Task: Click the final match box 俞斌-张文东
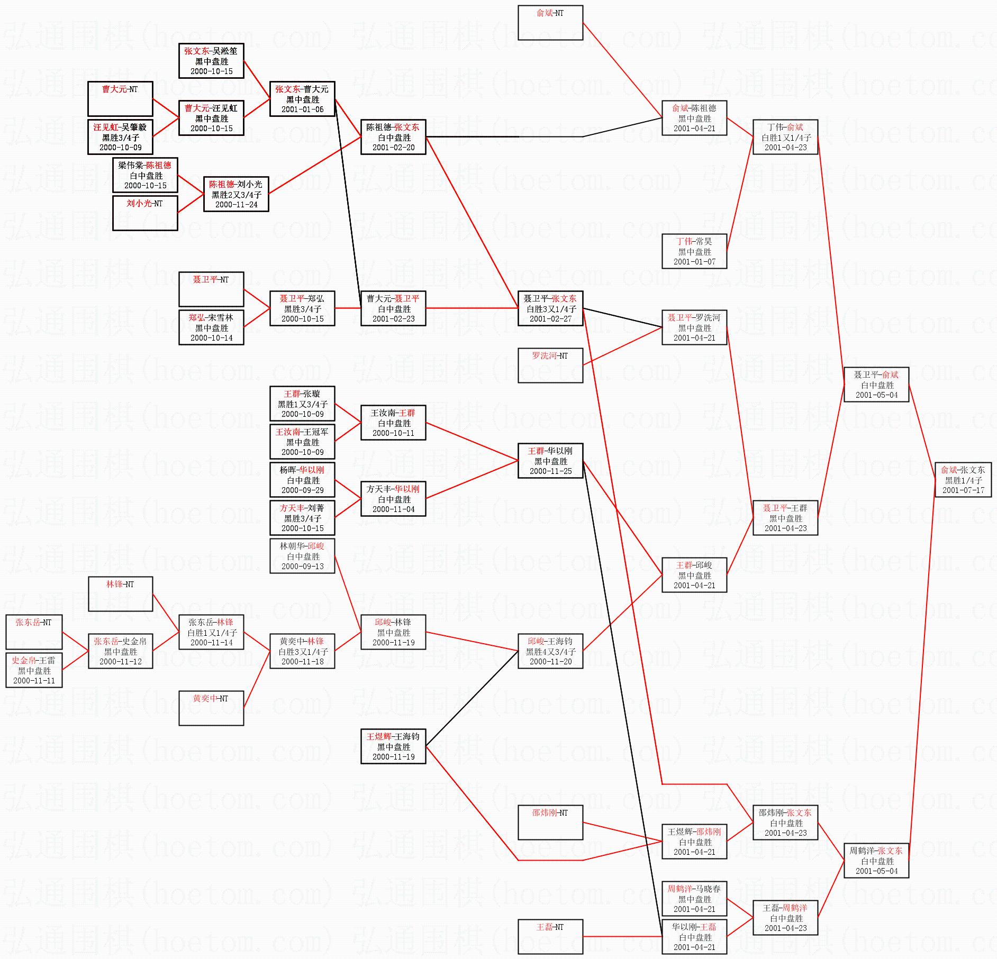(963, 480)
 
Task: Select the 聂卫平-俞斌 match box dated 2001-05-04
(876, 385)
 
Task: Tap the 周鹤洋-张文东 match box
(876, 861)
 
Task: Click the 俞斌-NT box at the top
(550, 23)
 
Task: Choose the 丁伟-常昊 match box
(694, 251)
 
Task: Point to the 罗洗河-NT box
(550, 365)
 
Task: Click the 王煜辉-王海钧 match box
(393, 746)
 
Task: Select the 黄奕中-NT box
(211, 708)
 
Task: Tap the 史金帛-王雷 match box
(34, 670)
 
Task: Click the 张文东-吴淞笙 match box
(211, 61)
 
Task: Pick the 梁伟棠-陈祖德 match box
(145, 175)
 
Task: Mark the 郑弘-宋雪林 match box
(211, 327)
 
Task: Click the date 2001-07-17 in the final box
(963, 490)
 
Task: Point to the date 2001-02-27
(550, 319)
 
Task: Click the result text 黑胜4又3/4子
(550, 652)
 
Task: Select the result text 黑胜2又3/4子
(237, 195)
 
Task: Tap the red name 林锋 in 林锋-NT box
(114, 584)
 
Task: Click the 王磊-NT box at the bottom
(550, 936)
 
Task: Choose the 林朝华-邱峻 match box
(302, 556)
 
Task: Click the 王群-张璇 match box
(302, 404)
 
